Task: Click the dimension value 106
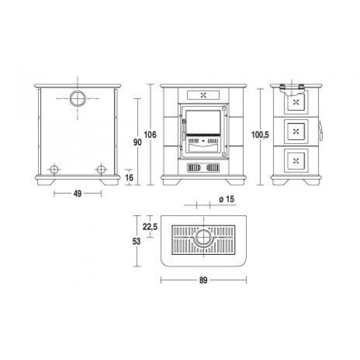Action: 150,134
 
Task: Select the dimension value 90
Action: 137,142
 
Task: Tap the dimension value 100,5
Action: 260,135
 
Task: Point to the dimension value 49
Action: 77,194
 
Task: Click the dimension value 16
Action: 129,178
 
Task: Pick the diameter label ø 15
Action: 227,199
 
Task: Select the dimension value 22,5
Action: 150,227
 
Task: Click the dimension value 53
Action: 136,241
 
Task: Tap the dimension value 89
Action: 203,280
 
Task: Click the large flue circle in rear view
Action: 78,91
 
